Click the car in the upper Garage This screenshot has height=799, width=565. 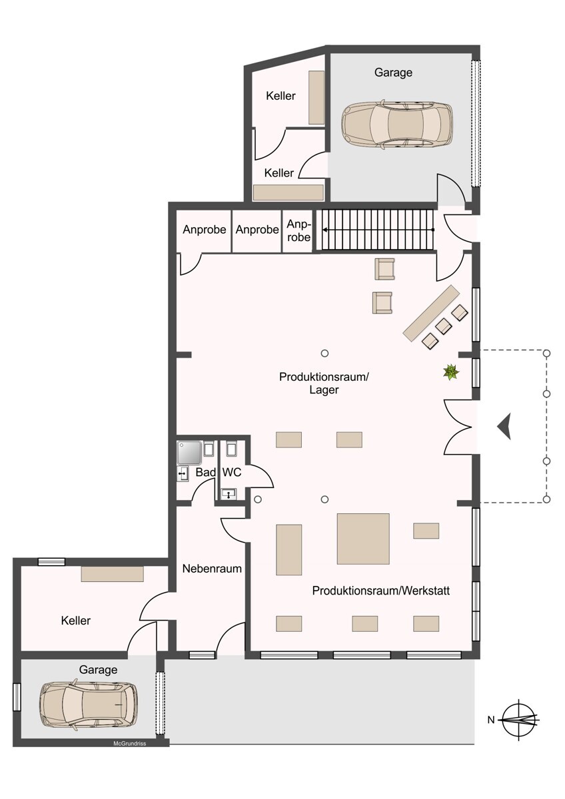click(x=396, y=123)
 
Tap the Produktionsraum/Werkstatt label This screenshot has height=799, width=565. click(x=381, y=591)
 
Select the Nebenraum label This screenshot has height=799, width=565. click(x=212, y=569)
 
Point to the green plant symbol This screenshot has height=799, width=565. click(x=451, y=372)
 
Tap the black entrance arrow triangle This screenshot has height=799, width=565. click(x=504, y=426)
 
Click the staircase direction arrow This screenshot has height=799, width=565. click(x=378, y=230)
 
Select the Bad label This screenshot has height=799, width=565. click(x=206, y=472)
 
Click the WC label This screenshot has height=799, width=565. click(x=232, y=472)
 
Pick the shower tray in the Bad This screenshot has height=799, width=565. click(x=189, y=453)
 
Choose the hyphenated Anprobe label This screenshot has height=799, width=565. click(x=298, y=230)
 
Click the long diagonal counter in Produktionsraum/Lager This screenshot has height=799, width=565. click(x=430, y=312)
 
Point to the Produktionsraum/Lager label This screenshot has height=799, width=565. click(x=324, y=383)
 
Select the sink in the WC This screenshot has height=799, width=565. click(x=229, y=494)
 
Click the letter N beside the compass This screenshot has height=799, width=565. click(x=491, y=720)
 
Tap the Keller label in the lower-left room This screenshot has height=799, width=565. click(x=76, y=621)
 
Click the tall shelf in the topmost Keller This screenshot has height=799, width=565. click(x=316, y=97)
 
